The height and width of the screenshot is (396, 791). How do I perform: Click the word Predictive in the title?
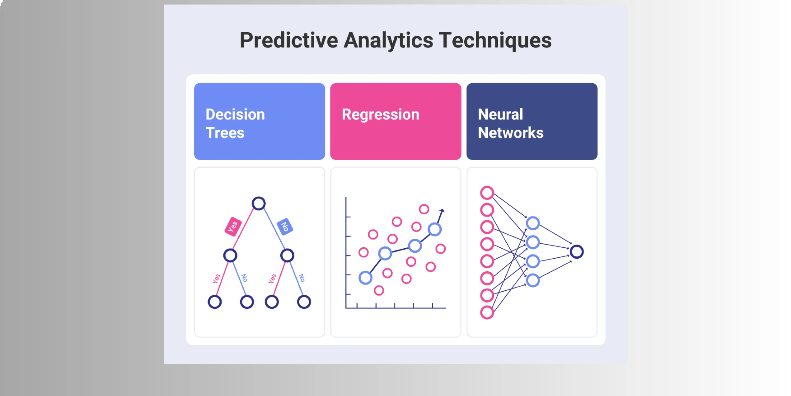click(x=289, y=40)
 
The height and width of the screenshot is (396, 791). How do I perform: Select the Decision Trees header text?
click(x=235, y=123)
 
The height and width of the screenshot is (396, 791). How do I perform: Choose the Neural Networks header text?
click(x=510, y=123)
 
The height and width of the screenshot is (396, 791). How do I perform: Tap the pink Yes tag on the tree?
click(x=233, y=227)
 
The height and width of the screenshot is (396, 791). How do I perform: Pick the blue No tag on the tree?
click(x=285, y=227)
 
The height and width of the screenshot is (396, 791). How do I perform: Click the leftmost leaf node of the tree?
click(x=215, y=302)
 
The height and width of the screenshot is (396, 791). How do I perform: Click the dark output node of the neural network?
click(x=577, y=252)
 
